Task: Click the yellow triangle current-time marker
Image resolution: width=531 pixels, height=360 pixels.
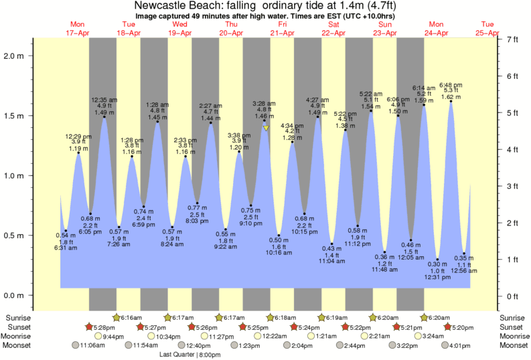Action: click(266, 128)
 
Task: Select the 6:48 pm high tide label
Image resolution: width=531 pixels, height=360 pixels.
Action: click(451, 85)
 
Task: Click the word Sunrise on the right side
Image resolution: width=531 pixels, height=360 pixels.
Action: click(512, 317)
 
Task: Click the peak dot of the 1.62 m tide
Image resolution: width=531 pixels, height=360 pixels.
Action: click(451, 102)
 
